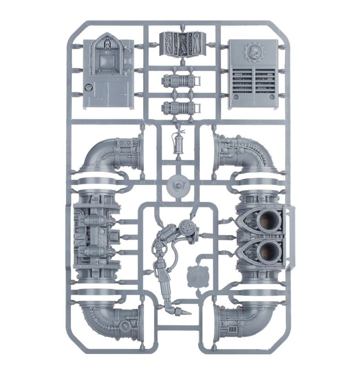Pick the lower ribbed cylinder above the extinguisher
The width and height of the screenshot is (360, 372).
click(x=180, y=107)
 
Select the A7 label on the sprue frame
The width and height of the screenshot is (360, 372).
click(x=214, y=183)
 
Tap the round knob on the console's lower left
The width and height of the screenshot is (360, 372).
click(x=87, y=86)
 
